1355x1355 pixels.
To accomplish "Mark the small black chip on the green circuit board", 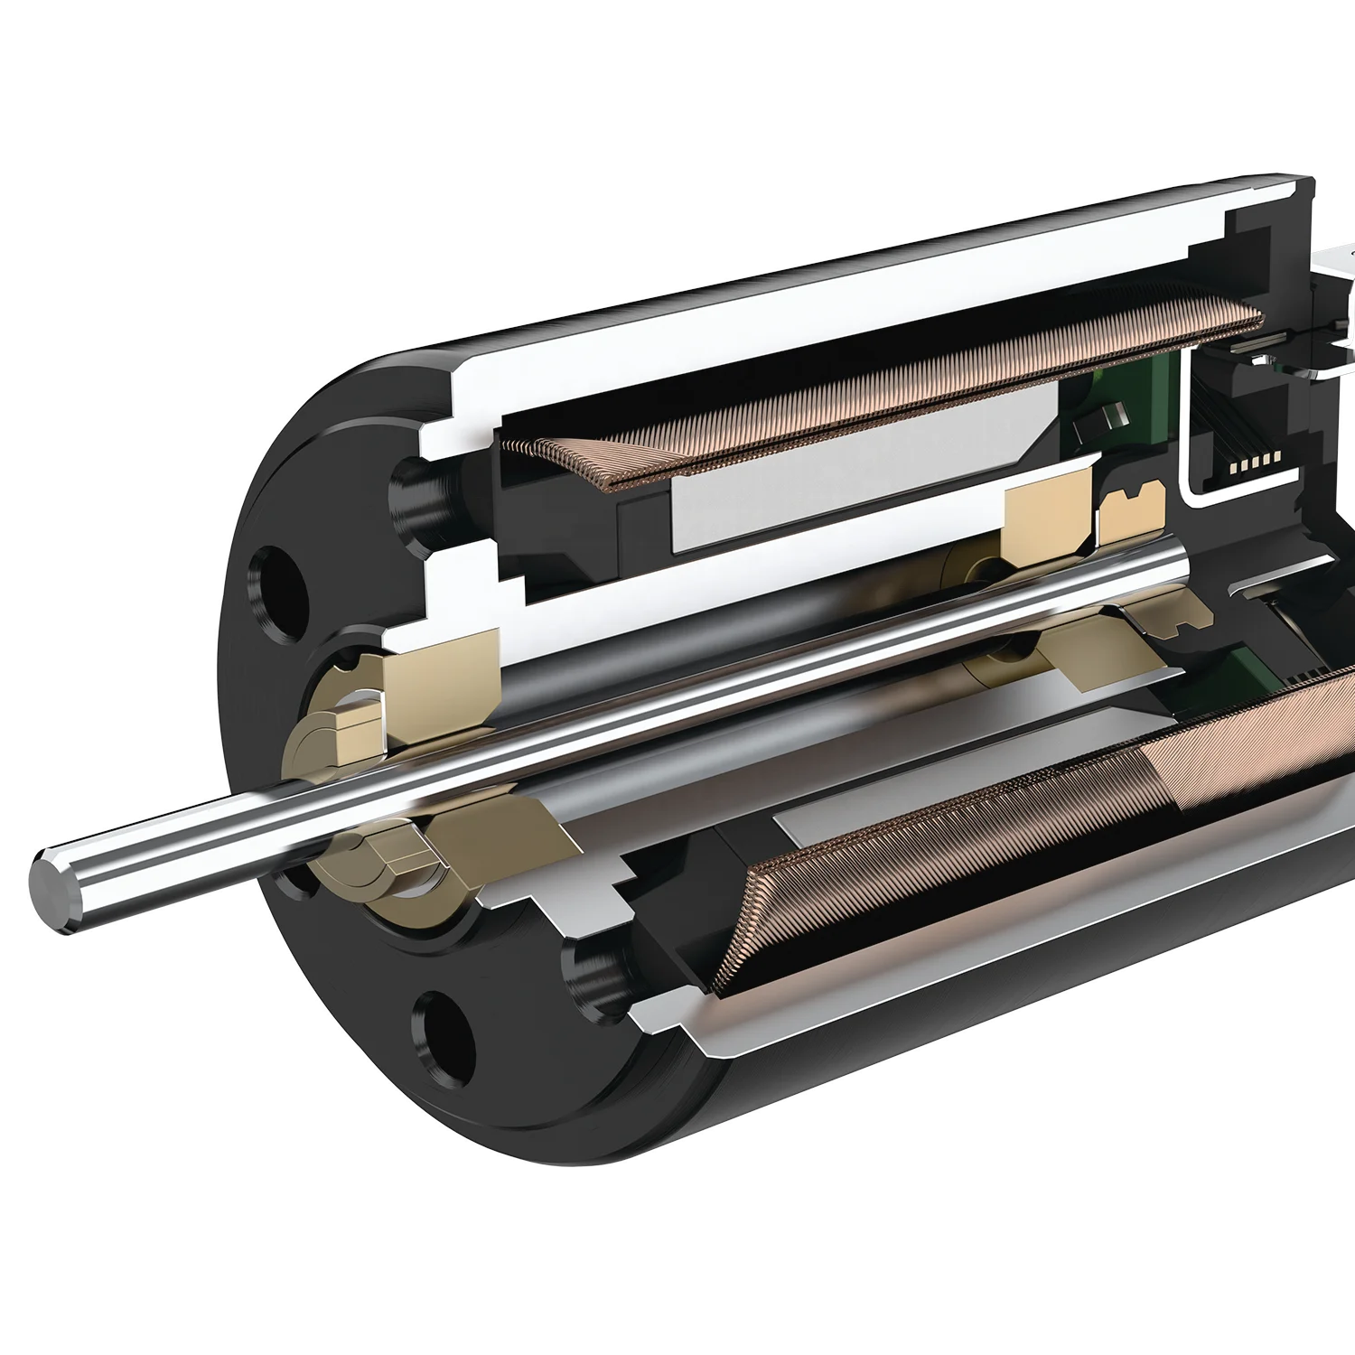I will coord(1115,414).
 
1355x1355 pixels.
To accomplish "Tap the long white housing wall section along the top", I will coord(813,298).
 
